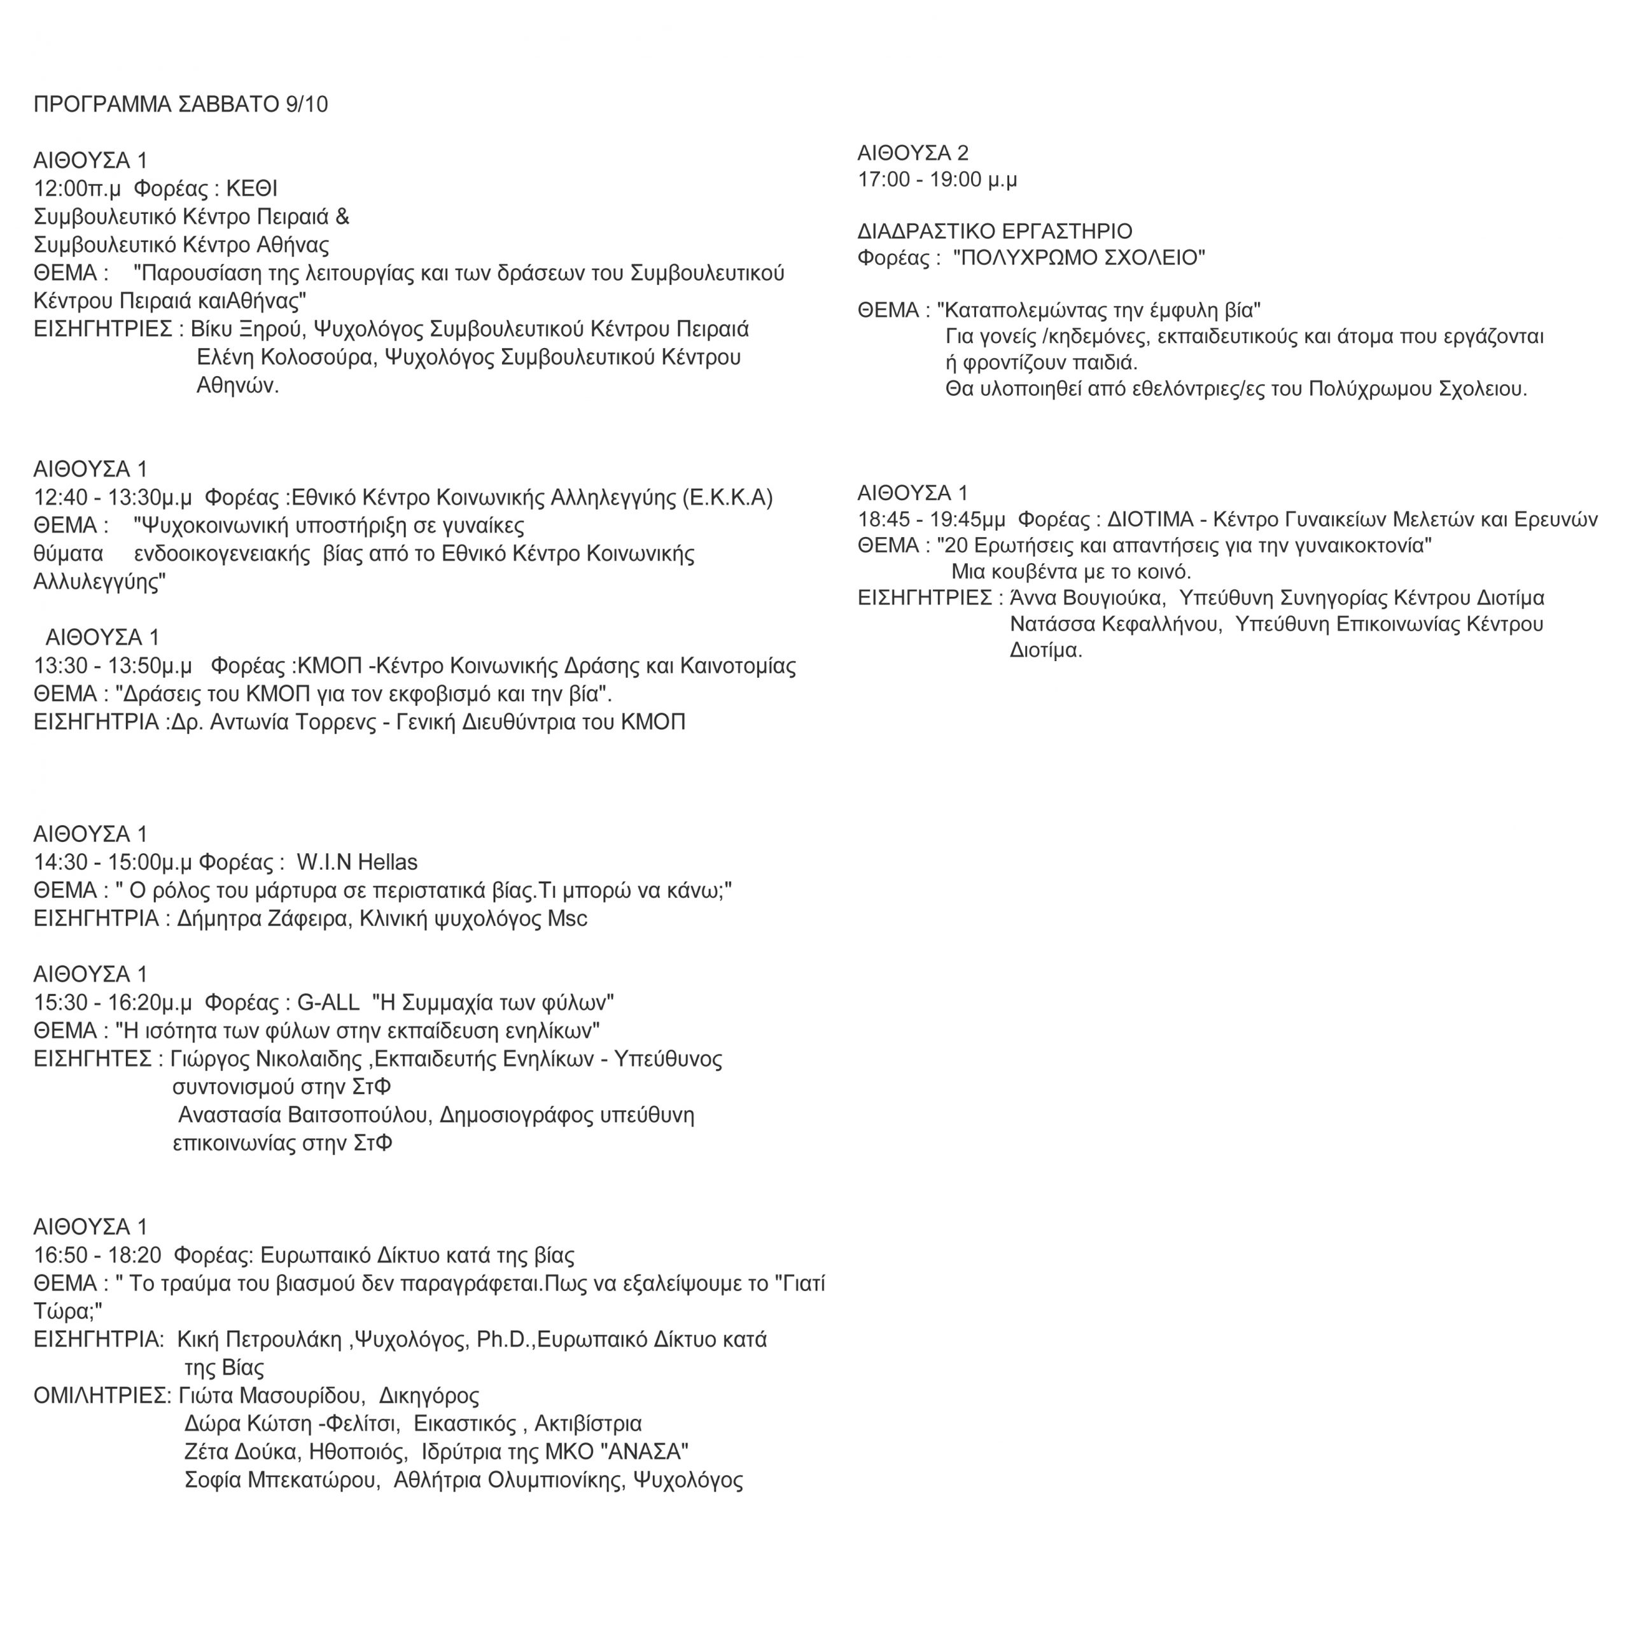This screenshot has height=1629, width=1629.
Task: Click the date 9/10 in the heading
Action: point(307,104)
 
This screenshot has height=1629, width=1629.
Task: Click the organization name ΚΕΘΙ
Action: point(251,189)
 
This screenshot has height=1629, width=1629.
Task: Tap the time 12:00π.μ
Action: point(78,189)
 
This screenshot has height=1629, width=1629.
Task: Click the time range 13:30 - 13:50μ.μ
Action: point(113,666)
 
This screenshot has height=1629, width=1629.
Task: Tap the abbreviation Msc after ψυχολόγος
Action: point(568,919)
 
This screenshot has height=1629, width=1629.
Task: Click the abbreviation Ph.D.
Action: point(503,1340)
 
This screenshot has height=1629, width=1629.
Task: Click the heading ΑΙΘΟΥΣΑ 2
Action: point(913,153)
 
